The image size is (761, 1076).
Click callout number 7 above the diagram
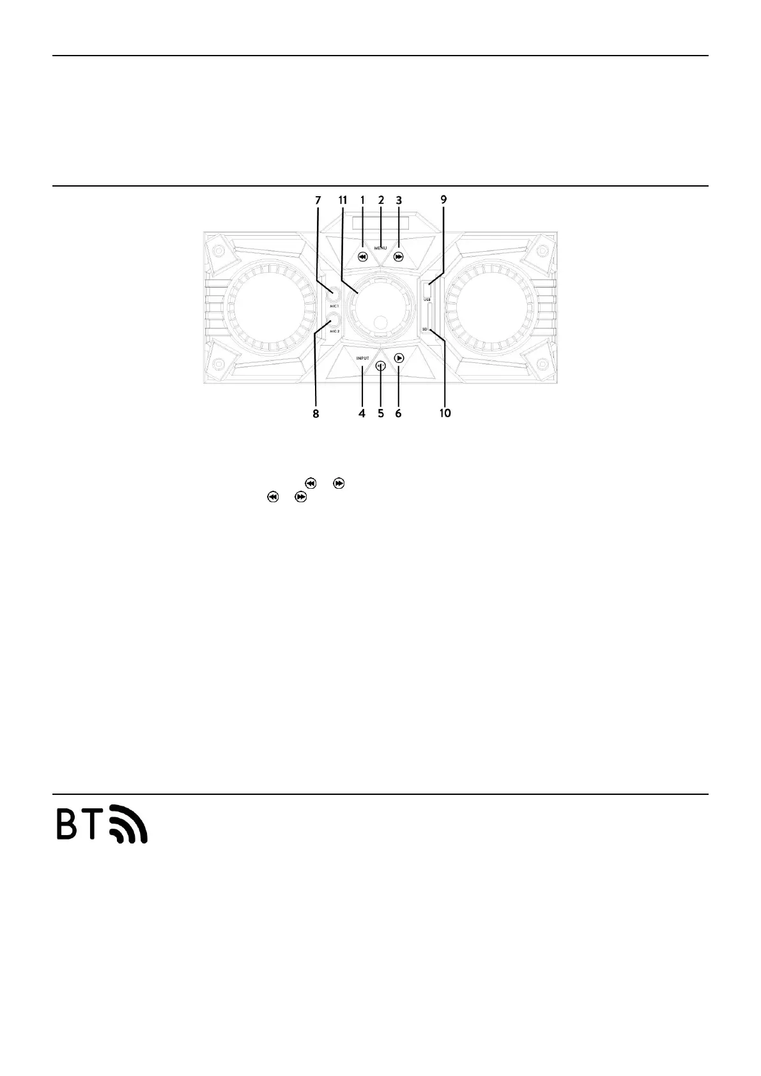[318, 200]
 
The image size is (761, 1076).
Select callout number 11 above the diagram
[342, 200]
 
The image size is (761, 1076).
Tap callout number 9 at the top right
[443, 200]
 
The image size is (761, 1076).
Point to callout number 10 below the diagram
[445, 413]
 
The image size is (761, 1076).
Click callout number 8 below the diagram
[316, 413]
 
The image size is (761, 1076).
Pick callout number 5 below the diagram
[381, 413]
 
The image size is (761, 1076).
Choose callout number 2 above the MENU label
[381, 200]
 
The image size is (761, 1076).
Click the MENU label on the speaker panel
[381, 248]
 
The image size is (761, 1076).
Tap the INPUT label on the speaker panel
[363, 358]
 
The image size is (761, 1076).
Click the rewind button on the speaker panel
[362, 257]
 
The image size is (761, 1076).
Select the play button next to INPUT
[399, 358]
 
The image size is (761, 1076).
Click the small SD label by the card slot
[424, 329]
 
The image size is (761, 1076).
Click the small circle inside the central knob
[381, 323]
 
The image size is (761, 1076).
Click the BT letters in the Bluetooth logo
[81, 826]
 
